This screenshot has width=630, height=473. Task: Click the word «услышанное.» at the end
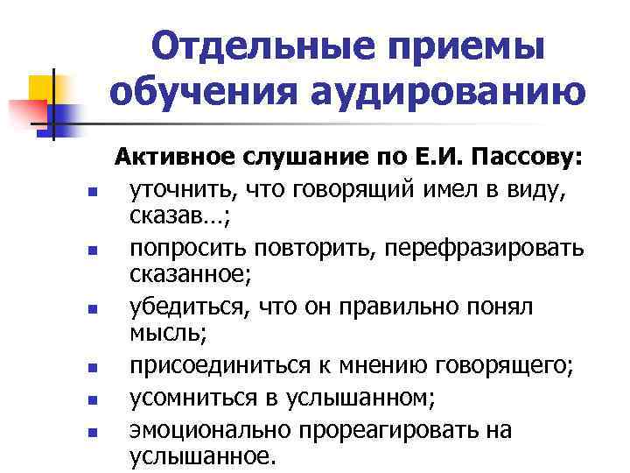pyautogui.click(x=202, y=455)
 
